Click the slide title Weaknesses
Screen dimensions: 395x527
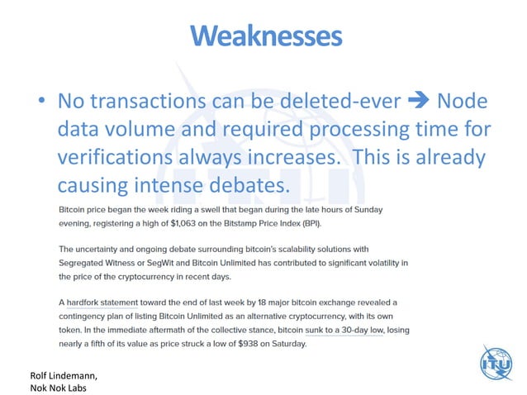tap(265, 36)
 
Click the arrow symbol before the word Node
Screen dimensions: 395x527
tap(420, 102)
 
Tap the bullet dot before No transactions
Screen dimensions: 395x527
tap(40, 103)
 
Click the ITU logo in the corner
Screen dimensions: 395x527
tap(496, 363)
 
